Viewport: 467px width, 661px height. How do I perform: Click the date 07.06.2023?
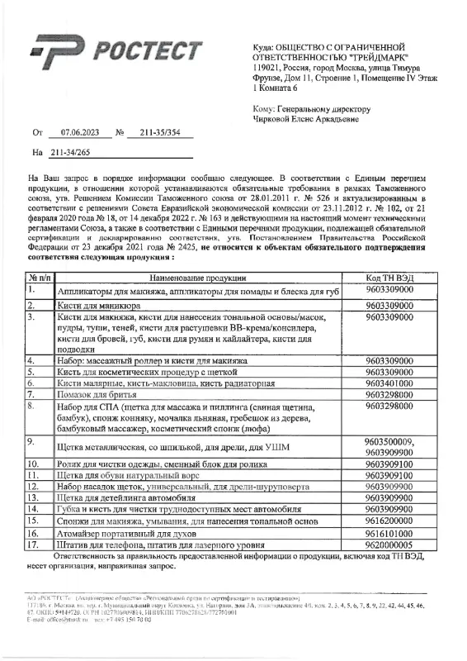80,132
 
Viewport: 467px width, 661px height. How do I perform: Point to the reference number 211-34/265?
70,153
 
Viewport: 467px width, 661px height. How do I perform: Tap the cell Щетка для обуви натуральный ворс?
133,475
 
